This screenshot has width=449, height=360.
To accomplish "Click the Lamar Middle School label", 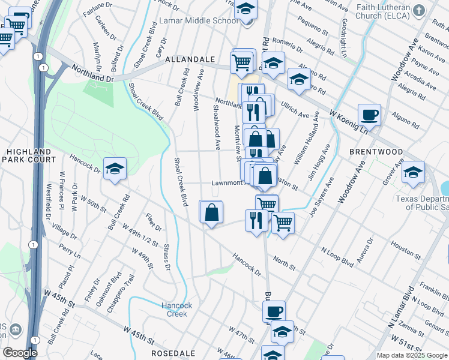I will tap(190, 21).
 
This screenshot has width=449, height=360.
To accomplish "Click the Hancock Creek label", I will tap(177, 310).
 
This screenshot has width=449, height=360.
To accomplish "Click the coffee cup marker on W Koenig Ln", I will tap(369, 115).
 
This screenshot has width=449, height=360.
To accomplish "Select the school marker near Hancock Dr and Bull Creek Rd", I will tap(115, 169).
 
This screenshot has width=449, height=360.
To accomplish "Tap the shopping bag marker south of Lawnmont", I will tap(211, 212).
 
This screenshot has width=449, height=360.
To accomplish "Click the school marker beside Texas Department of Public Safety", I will tap(414, 173).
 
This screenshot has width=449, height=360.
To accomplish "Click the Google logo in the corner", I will tap(20, 353).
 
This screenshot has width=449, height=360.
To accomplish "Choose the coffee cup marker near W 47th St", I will tap(274, 311).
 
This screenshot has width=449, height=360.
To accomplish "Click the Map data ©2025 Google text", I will tap(411, 355).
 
